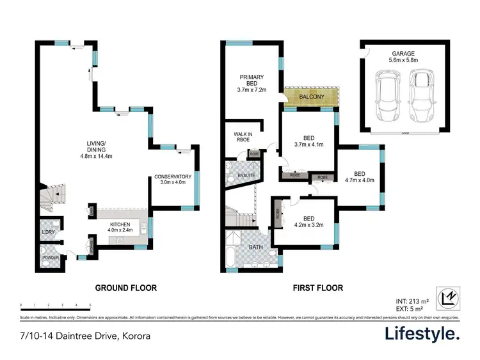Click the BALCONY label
pyautogui.click(x=312, y=97)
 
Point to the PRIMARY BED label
pyautogui.click(x=252, y=77)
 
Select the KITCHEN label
pyautogui.click(x=121, y=223)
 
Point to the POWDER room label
pyautogui.click(x=51, y=258)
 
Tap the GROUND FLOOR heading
pyautogui.click(x=126, y=288)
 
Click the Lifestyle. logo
pyautogui.click(x=422, y=334)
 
